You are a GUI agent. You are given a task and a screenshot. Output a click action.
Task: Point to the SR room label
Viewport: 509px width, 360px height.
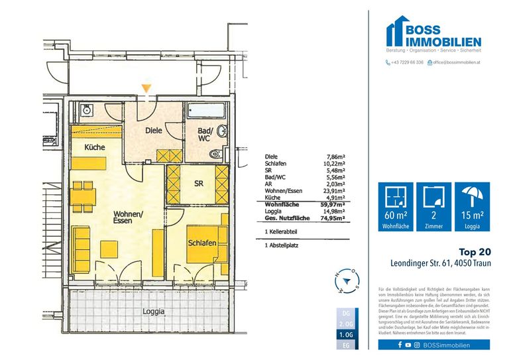tap(198, 184)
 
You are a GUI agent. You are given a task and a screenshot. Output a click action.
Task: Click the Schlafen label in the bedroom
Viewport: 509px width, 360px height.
tap(203, 244)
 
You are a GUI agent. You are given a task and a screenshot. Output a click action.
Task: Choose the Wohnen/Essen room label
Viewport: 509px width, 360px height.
tap(127, 218)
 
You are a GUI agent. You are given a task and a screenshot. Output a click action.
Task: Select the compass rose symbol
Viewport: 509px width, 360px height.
tap(348, 280)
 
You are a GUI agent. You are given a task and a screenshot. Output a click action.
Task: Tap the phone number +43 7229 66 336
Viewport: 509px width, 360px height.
tap(407, 62)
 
